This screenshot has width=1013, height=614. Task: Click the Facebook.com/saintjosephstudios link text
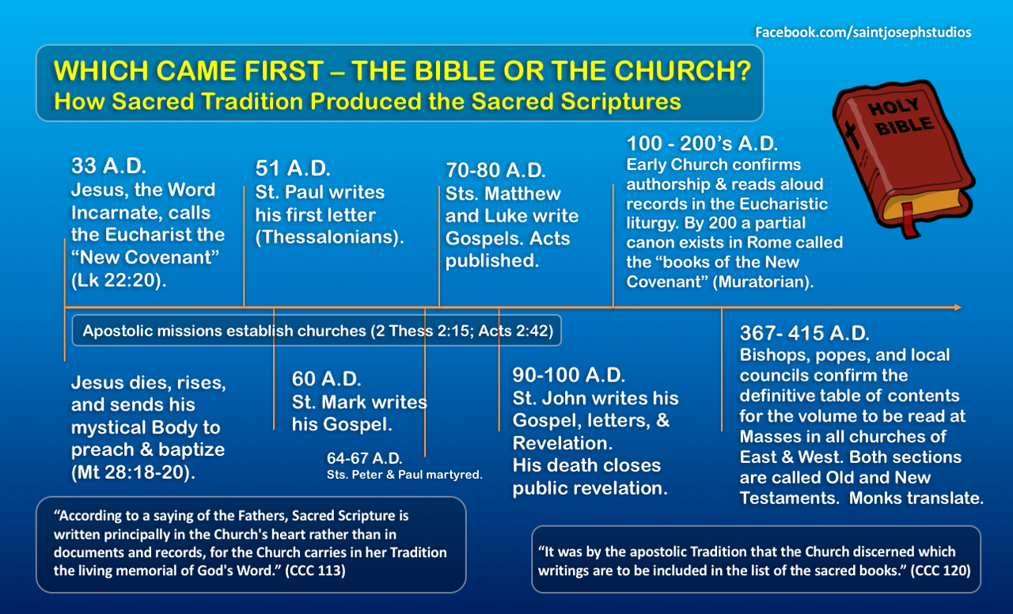point(863,32)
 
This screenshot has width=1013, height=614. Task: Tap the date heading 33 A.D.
point(109,166)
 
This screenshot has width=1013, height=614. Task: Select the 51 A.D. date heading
point(293,169)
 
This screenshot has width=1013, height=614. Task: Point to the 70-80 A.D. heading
point(495,170)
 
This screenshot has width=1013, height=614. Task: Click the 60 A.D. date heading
point(327,379)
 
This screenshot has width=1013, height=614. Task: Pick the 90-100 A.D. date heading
point(569,375)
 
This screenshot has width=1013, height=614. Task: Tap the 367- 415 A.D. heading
point(805,333)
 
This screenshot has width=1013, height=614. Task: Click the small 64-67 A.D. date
point(365,458)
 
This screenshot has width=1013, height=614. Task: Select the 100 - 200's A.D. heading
point(702,144)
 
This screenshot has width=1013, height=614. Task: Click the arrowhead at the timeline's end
point(958,308)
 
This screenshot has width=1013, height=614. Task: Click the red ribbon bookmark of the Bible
point(910,220)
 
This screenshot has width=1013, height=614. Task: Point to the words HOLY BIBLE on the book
point(900,116)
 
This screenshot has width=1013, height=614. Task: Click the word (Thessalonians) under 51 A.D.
point(330,237)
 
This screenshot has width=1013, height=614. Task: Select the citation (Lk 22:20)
point(119,280)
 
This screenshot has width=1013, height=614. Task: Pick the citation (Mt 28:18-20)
point(134,472)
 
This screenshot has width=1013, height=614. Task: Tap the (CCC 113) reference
point(315,570)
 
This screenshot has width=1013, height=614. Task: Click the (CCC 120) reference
point(941,570)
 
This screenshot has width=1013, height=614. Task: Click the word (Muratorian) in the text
point(764,282)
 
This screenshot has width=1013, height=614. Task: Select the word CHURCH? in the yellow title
point(683,71)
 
